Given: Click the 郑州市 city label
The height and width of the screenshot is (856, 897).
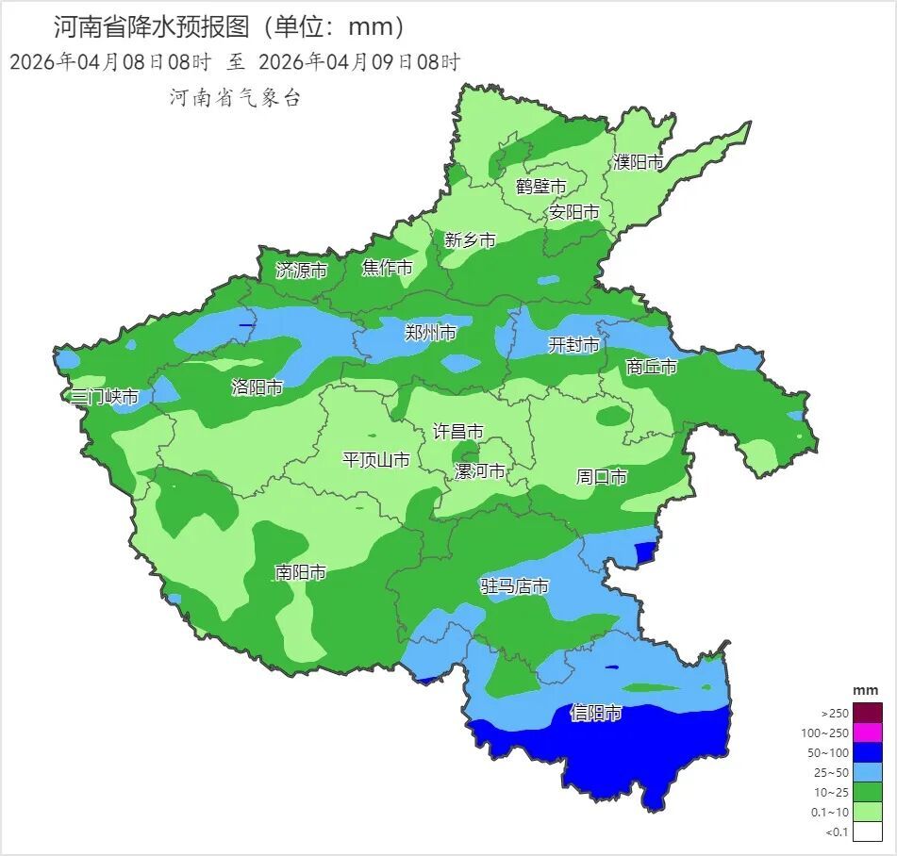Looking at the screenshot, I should click(x=430, y=332).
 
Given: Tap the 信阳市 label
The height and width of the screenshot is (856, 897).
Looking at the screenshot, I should click(x=596, y=714).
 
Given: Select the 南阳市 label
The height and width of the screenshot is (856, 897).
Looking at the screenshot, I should click(x=301, y=572).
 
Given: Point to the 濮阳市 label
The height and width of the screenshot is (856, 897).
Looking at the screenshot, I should click(x=639, y=162).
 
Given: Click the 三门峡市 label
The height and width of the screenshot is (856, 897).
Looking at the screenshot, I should click(x=105, y=397).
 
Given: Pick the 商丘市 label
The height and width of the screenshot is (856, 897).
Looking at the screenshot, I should click(x=652, y=367).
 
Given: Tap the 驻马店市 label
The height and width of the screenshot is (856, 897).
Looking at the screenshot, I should click(x=514, y=586).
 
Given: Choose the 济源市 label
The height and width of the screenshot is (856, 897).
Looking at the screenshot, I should click(x=302, y=271).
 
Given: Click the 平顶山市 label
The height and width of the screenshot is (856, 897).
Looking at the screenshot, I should click(x=375, y=460).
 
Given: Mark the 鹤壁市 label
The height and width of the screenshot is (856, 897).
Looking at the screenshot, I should click(x=541, y=186).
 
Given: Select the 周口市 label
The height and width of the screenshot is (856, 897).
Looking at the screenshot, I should click(x=602, y=477).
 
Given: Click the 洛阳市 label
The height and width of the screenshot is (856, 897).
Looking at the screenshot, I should click(x=257, y=387).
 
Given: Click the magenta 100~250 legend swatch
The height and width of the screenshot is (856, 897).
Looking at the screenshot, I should click(x=870, y=733).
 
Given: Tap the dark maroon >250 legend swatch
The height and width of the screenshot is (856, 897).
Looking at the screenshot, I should click(x=870, y=713).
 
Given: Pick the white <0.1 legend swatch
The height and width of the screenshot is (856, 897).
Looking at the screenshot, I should click(x=870, y=831).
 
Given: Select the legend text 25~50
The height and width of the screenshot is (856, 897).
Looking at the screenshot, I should click(x=835, y=772).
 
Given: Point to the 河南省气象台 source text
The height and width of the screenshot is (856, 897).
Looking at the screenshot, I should click(x=235, y=97).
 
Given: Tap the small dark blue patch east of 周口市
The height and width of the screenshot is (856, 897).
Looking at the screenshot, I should click(x=645, y=551).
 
